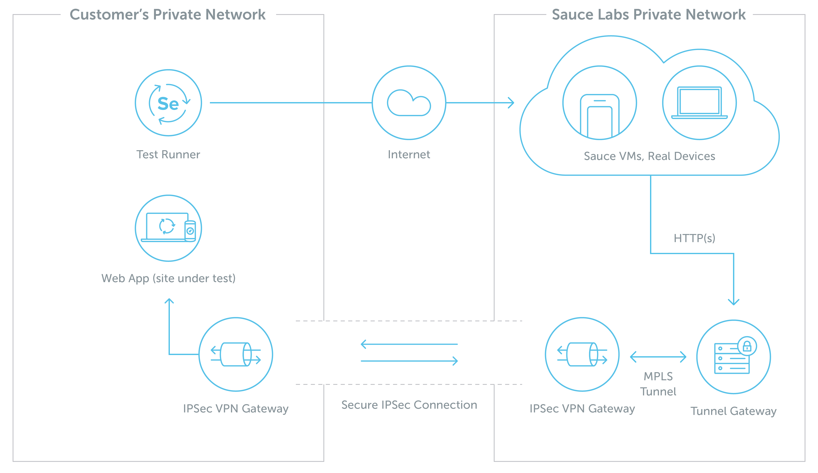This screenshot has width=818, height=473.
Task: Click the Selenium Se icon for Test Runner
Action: click(168, 104)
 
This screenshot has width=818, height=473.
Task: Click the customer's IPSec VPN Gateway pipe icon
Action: click(236, 354)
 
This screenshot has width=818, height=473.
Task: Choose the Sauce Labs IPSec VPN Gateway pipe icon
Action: click(582, 354)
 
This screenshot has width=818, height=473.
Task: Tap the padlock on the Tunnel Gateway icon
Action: click(747, 346)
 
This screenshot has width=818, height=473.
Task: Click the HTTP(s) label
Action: click(694, 238)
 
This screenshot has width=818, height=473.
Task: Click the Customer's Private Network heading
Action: click(168, 15)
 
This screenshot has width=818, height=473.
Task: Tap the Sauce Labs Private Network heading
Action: click(649, 15)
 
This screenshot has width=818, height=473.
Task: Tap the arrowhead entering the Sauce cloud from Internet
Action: click(511, 103)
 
